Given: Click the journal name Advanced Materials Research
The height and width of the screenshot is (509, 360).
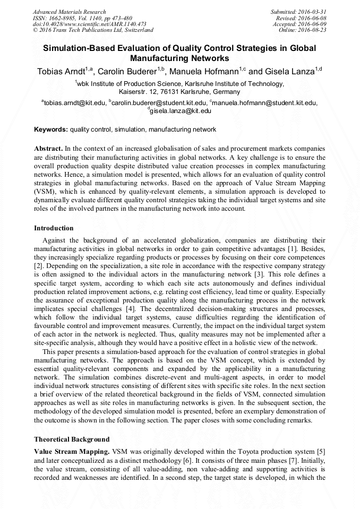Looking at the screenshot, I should (x=69, y=12).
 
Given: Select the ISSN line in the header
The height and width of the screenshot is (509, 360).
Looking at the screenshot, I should (x=82, y=18).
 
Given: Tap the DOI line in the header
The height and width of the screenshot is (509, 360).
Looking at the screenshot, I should (x=89, y=24).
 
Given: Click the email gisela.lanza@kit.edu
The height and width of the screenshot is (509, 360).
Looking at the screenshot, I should (x=181, y=111).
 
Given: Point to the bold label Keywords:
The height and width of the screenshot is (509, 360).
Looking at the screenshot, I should (x=51, y=129).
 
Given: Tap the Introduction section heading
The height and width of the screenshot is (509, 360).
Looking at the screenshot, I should (x=54, y=228).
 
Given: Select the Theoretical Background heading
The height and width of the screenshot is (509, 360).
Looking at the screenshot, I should (x=72, y=439).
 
